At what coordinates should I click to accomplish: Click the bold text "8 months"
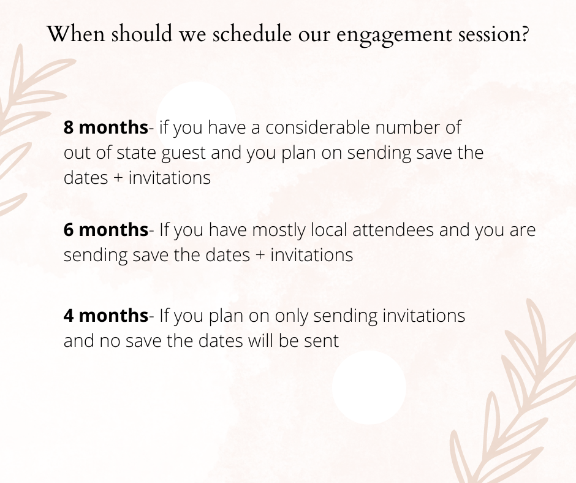pyautogui.click(x=106, y=127)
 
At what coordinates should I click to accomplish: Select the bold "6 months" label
pyautogui.click(x=106, y=230)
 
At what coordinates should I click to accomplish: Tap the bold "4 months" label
pyautogui.click(x=106, y=316)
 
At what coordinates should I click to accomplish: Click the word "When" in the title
pyautogui.click(x=76, y=33)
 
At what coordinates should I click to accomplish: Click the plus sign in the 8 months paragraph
pyautogui.click(x=118, y=178)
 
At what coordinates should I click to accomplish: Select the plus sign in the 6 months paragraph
pyautogui.click(x=259, y=256)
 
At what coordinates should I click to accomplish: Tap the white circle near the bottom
pyautogui.click(x=369, y=387)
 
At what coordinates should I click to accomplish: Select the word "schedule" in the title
pyautogui.click(x=252, y=33)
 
